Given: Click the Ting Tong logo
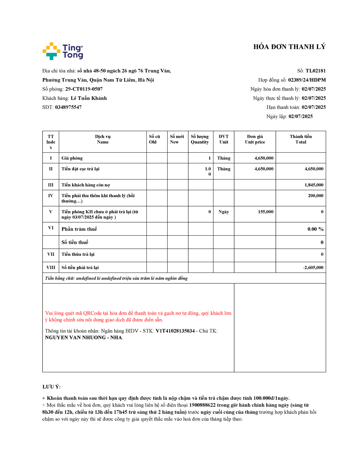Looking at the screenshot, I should point(63,51).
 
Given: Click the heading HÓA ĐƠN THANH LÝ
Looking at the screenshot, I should point(289,47).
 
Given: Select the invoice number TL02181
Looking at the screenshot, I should point(315,71).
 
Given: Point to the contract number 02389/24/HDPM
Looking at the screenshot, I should point(307,80).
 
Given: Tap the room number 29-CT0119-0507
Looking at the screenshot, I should point(84,89).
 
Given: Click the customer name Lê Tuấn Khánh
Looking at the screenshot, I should point(89,98).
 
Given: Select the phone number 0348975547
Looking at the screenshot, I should point(68,107).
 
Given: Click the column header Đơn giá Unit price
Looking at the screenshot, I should point(255,139).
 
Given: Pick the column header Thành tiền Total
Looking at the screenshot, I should point(301,139).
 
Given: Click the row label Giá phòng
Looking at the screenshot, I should point(72,158).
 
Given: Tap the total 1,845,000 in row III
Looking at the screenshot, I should point(314,185).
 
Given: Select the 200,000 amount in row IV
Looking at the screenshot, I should point(315,196).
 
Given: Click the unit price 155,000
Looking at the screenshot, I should point(265,212).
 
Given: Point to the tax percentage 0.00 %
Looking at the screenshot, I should point(315,229).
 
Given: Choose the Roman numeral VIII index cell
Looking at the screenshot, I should point(51,268).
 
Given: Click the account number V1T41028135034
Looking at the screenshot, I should point(175,331).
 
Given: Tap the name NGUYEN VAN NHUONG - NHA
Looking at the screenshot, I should point(84,338).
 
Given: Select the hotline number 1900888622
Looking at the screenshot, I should point(202,405).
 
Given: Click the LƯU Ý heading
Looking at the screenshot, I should point(51,387).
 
